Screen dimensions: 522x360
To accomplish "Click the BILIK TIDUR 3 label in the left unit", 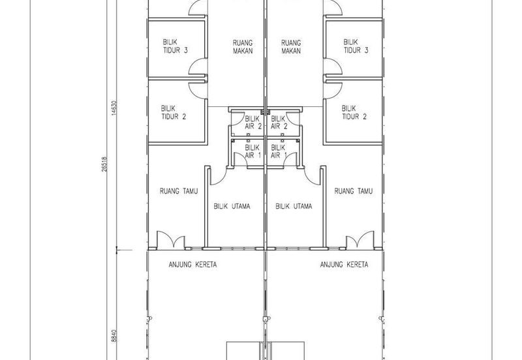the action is coord(175,46).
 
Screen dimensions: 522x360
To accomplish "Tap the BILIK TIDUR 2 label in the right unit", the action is coord(354,112).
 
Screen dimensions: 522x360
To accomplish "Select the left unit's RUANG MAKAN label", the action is coord(243,47).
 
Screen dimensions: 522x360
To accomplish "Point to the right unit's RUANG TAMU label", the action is coord(353,191).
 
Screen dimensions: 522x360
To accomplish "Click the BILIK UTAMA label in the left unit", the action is coord(232,206).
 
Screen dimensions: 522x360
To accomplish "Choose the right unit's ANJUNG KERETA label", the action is coord(345,265).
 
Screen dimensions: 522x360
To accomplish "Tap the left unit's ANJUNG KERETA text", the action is coord(192,265).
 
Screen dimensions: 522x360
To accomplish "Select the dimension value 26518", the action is coord(104,164).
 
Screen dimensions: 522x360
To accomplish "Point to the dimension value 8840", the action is coord(114,335).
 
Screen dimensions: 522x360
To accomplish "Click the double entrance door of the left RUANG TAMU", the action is coord(171,239).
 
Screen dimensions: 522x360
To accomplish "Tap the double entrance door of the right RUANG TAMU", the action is coord(360,239).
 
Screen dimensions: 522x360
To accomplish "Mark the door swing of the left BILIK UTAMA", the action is coord(219,175).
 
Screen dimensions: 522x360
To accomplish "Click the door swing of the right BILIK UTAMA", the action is coord(313,175).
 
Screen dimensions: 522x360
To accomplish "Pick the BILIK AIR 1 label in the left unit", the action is coord(253,151).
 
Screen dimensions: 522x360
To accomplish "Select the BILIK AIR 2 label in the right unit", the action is coord(279,122).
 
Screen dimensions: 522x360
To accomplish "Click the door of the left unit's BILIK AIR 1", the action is coord(240,159).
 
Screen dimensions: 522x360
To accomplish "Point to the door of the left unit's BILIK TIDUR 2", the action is coord(198,90).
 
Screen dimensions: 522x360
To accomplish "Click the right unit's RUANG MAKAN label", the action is coord(291,47).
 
